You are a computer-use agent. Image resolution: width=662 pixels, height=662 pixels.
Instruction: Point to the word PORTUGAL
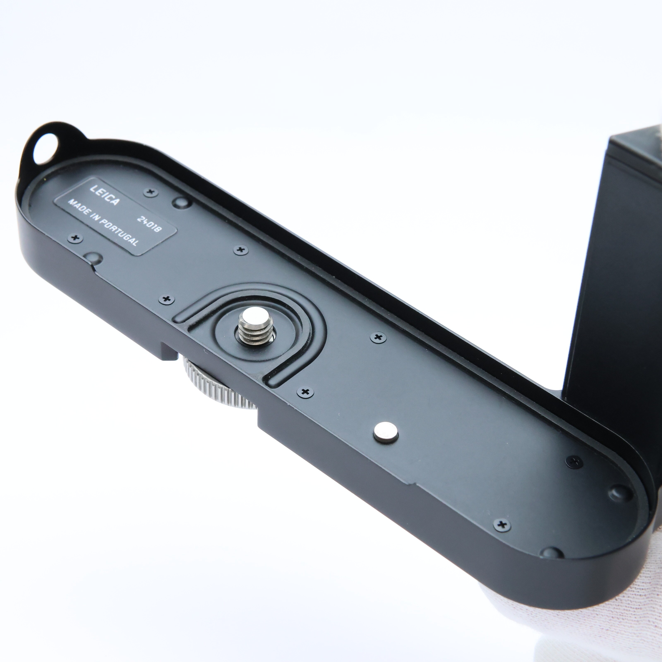(x=119, y=231)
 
